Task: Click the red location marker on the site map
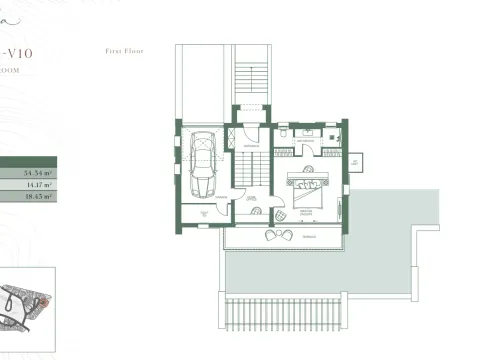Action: click(x=42, y=301)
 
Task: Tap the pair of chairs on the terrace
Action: click(x=272, y=234)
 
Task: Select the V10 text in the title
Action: click(x=23, y=51)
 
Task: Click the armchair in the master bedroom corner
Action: click(x=282, y=215)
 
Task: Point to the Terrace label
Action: click(x=310, y=235)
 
